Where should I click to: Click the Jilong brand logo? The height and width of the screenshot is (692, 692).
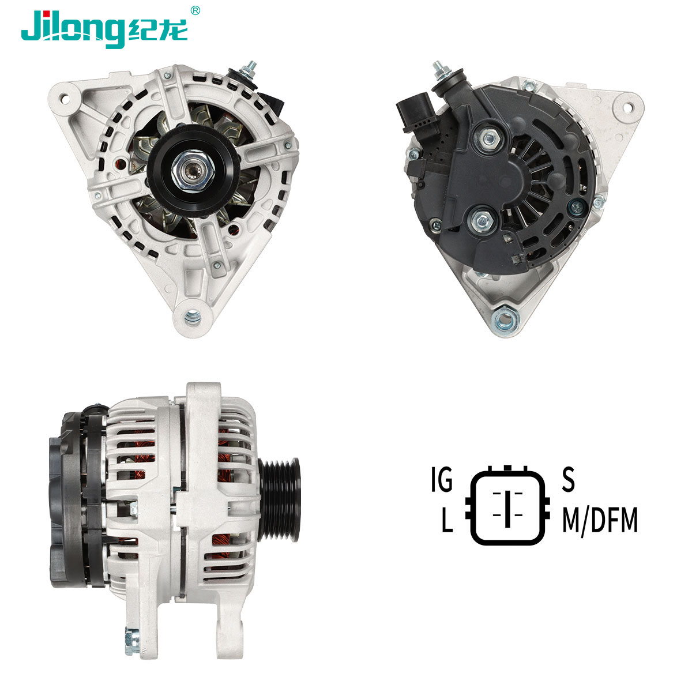click(104, 29)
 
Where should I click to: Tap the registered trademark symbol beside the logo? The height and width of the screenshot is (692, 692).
click(195, 11)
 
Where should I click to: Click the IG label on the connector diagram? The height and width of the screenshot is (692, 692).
click(442, 480)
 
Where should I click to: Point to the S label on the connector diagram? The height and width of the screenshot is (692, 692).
click(568, 480)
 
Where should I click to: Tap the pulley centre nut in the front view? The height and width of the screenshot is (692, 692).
click(193, 171)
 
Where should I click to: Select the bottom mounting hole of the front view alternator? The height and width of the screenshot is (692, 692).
click(193, 318)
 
